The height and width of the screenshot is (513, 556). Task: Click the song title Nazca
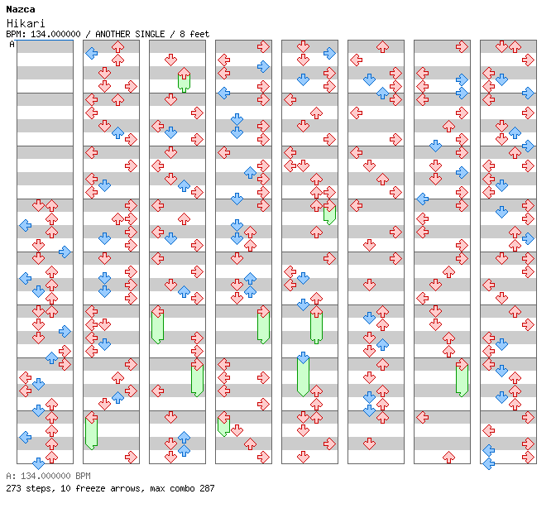coord(19,9)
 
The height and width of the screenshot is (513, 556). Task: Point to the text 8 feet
coord(192,34)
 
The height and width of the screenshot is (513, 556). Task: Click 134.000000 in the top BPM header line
coord(54,34)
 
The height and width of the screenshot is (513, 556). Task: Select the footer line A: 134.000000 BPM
coord(47,477)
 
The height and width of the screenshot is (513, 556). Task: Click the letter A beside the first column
coord(12,44)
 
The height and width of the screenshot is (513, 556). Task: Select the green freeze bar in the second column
coord(91,432)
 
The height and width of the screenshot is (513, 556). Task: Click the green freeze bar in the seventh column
coord(462,379)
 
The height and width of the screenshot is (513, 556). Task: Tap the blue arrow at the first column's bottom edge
coord(38,463)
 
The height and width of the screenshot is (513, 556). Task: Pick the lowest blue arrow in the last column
coord(488,463)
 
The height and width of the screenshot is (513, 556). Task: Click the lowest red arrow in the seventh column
coord(448,457)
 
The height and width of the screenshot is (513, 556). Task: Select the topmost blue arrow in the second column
coord(91,53)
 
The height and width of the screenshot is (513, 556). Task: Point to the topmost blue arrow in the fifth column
coord(329,53)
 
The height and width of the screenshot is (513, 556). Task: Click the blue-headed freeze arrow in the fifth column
coord(303,374)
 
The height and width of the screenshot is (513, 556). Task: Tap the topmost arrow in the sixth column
coord(382,46)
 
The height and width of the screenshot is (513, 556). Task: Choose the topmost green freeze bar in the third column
coord(184,80)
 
